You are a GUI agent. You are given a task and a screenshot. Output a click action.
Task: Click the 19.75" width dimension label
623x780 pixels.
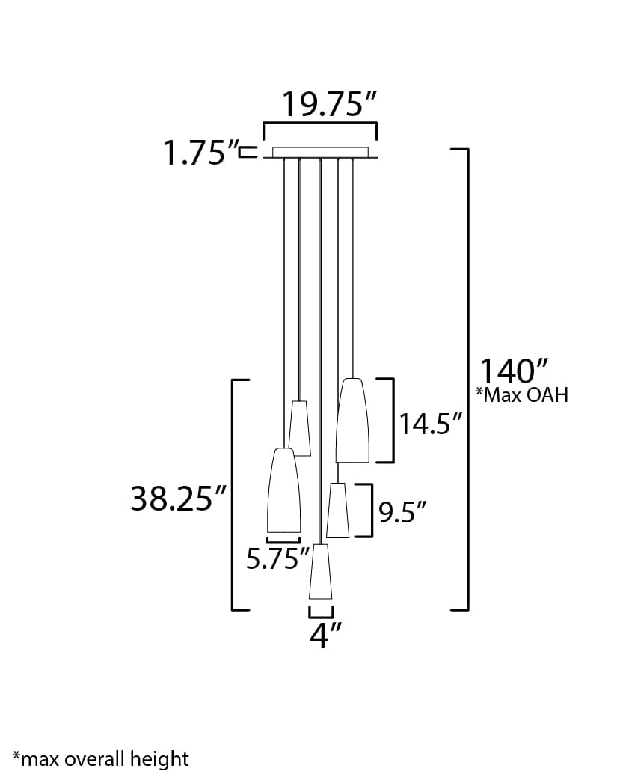pos(328,106)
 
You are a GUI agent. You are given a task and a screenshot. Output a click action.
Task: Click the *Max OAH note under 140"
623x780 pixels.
pos(521,395)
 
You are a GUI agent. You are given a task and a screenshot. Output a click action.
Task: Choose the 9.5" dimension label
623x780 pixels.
pos(402,512)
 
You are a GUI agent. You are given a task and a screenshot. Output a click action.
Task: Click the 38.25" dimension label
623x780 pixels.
pos(178,499)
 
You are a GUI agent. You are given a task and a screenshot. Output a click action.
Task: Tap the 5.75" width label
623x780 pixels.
pos(277,558)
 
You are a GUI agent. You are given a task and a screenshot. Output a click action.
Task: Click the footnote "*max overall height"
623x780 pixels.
pos(100,759)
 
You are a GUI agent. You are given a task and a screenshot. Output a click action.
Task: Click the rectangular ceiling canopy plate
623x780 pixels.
pos(320,153)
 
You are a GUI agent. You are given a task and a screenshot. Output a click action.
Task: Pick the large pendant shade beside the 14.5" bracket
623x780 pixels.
pos(352,421)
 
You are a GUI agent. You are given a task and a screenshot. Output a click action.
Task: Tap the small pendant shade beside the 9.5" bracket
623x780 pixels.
pos(338,511)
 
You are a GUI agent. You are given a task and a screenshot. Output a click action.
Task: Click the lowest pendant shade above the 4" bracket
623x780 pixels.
pos(321,572)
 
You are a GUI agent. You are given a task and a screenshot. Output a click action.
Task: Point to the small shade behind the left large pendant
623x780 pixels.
pos(301,428)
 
